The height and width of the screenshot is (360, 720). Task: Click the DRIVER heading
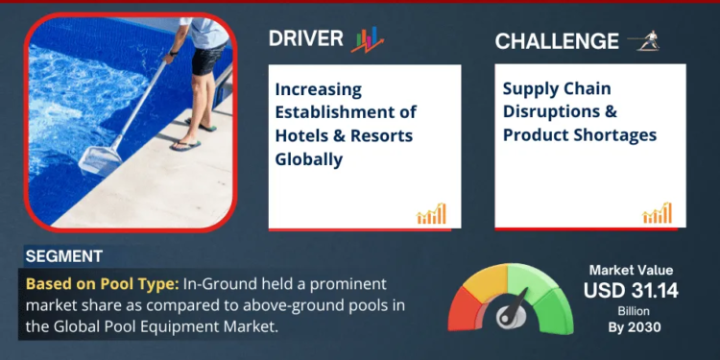[x=305, y=38]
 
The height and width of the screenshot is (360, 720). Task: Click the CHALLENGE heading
[x=557, y=40]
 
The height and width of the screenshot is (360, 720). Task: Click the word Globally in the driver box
[x=309, y=158]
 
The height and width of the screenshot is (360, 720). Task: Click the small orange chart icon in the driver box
[x=431, y=214]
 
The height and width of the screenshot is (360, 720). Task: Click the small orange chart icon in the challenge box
[x=658, y=213]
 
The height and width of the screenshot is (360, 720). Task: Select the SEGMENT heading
[x=64, y=257]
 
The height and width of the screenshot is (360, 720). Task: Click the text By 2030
[x=631, y=327]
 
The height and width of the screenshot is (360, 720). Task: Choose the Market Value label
[x=631, y=271]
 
